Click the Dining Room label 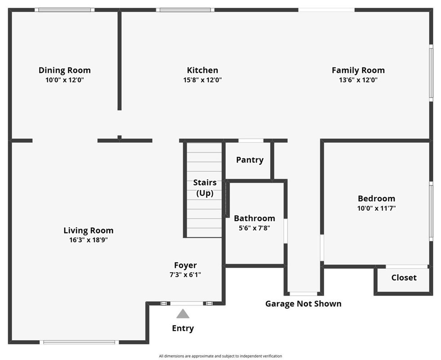point(64,70)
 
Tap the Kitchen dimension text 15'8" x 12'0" point(202,80)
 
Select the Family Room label point(358,70)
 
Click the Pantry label point(249,160)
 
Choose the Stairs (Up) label point(205,188)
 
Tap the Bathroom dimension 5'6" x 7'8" point(254,228)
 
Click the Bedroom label point(376,198)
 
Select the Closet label point(404,278)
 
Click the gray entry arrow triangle point(183,314)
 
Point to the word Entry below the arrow point(183,328)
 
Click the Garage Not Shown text point(303,304)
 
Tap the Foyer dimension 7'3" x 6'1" point(185,274)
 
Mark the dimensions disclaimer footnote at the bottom point(220,356)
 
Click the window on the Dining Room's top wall point(65,9)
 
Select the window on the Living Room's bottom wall point(79,342)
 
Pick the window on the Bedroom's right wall point(431,211)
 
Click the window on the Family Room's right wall point(431,72)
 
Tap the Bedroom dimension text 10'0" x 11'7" point(376,208)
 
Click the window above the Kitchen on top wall point(185,9)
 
